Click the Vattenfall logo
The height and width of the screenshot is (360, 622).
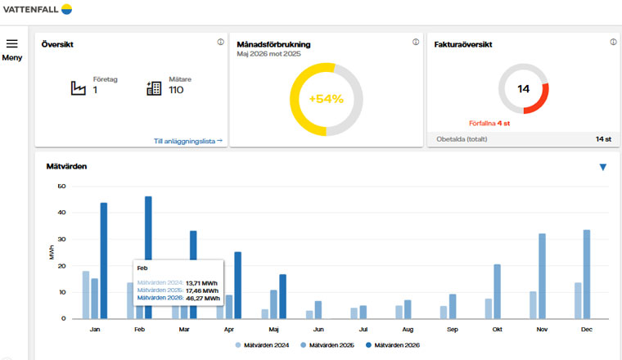pos(38,9)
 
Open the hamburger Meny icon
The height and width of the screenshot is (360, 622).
pos(12,43)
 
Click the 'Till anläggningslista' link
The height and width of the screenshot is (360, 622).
pos(188,142)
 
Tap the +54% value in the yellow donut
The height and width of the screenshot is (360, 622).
pos(326,99)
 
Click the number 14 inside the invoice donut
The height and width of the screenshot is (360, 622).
pos(523,89)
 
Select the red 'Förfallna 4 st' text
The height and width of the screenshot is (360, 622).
pos(489,124)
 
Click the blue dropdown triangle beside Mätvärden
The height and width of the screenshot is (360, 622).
pos(603,167)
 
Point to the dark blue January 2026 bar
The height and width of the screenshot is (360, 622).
pos(104,260)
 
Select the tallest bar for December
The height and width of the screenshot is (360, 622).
pos(587,274)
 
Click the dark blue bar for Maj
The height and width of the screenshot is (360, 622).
pos(283,296)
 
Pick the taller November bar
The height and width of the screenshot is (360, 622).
pos(542,276)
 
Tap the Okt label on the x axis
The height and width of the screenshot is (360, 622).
pos(497,330)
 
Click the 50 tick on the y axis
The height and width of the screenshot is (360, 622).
pos(61,186)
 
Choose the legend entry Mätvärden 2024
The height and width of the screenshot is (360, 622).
pos(262,345)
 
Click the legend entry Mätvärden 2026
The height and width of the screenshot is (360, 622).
pos(393,345)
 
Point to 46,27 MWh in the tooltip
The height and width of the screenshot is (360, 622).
pos(203,298)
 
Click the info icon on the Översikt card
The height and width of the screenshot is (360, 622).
pos(220,42)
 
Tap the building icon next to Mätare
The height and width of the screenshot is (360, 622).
pos(154,88)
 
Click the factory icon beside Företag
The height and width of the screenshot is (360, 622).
pos(78,88)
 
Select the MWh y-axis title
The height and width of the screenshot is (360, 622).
pos(52,253)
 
